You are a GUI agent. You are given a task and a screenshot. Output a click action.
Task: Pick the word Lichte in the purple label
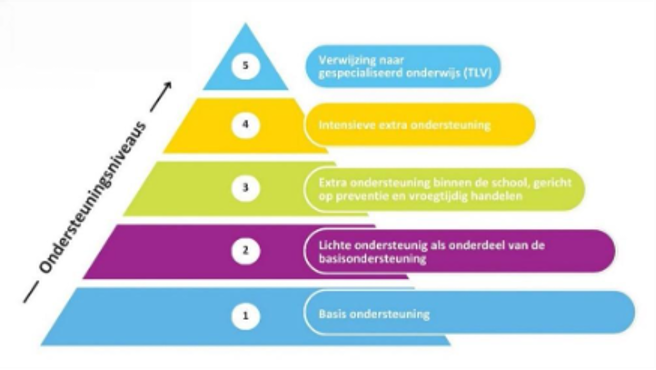[x=331, y=244]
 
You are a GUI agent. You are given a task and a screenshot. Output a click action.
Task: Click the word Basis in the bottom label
[x=330, y=314]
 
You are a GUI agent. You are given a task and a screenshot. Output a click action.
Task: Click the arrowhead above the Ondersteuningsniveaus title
[x=166, y=84]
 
